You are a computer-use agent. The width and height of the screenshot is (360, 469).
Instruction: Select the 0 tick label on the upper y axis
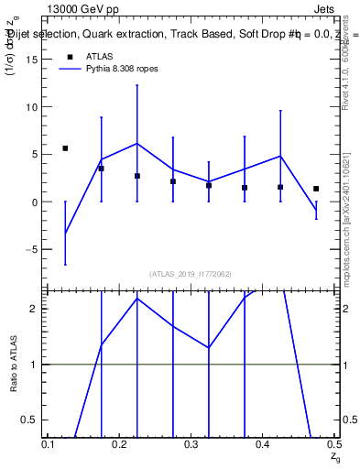[33, 202]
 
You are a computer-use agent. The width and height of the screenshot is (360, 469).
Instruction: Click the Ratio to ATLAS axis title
[14, 365]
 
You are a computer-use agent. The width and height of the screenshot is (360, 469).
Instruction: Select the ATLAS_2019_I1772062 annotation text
[191, 274]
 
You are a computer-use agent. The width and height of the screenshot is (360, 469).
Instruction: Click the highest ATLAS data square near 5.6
[65, 148]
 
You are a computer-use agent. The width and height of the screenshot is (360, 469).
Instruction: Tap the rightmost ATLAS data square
[316, 189]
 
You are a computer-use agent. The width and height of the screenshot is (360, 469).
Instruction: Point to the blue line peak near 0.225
[137, 143]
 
